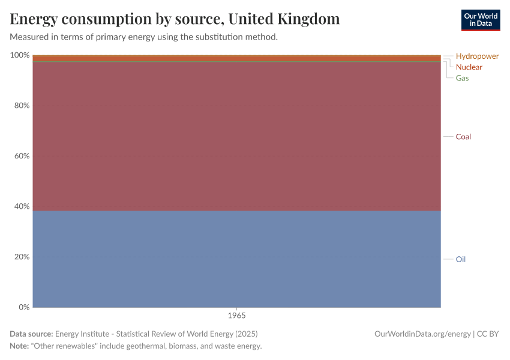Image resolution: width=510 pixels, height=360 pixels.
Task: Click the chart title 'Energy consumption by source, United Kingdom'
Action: (175, 19)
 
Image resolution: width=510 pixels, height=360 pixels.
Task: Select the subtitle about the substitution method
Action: (143, 37)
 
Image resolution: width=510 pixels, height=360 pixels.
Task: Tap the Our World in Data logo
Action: (480, 20)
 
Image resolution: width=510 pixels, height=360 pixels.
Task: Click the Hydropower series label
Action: (477, 56)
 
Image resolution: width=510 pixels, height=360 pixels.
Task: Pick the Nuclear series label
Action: (469, 67)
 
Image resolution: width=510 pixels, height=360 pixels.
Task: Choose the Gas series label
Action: (462, 78)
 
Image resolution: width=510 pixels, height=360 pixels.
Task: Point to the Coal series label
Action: (463, 137)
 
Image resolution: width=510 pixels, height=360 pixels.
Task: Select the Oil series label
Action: (460, 259)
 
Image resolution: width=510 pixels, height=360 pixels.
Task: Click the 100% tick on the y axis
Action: (20, 55)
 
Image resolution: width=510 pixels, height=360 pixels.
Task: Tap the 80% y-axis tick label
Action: (22, 106)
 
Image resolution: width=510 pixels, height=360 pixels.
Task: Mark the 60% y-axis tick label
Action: (22, 156)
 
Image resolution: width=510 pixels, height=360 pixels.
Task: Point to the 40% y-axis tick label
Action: (22, 206)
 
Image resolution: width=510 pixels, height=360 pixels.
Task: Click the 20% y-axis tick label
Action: (22, 257)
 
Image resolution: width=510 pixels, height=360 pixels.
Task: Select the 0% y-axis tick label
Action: (24, 307)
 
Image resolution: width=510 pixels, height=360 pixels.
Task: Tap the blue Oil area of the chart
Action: (236, 258)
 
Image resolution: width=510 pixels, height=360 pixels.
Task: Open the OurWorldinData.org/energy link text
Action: (422, 334)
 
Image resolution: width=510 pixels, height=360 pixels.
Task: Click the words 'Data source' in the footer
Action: (31, 334)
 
